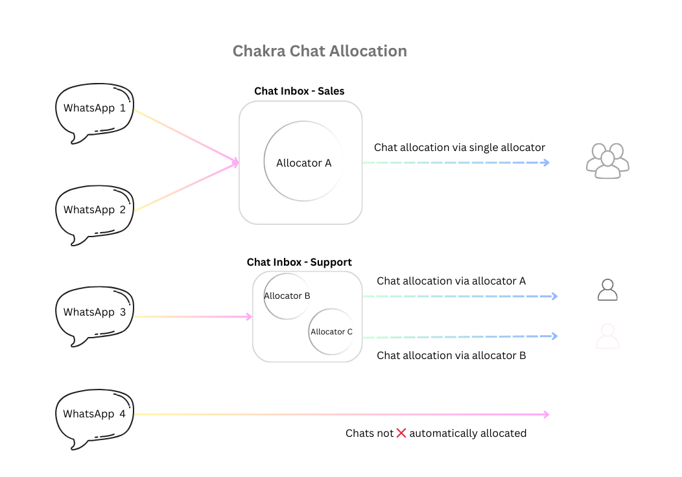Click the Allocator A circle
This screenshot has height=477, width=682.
click(303, 163)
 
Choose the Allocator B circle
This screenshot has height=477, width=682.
click(287, 296)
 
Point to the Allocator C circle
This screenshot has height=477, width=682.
click(331, 332)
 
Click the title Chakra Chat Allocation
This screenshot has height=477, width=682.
click(320, 51)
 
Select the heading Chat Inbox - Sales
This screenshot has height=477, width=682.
click(299, 91)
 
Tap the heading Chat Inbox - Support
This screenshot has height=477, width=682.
click(299, 262)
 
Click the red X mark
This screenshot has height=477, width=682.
click(401, 433)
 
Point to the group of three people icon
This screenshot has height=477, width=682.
click(607, 161)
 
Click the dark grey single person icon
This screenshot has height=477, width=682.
click(607, 290)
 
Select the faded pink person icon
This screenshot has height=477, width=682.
click(607, 337)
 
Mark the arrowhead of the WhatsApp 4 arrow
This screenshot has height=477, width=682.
click(547, 415)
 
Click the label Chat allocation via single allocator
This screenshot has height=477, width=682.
click(460, 148)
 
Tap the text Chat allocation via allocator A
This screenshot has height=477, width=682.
click(451, 281)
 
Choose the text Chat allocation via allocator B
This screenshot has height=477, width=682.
click(451, 356)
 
